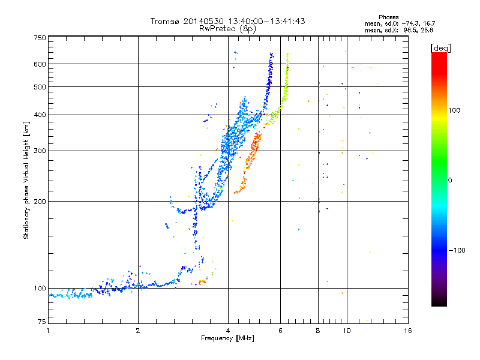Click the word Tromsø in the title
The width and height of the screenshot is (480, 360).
tap(165, 21)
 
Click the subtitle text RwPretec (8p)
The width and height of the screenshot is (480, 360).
tap(227, 29)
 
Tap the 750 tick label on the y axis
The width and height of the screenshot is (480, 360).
tap(40, 38)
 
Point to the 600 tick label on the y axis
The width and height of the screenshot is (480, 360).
tap(40, 64)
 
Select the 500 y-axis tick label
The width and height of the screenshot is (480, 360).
tap(40, 87)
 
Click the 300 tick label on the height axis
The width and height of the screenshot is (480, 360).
tap(40, 151)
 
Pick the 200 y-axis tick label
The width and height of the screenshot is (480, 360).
tap(40, 202)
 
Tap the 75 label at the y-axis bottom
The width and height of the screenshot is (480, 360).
tap(42, 322)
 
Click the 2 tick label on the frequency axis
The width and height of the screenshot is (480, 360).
tap(138, 331)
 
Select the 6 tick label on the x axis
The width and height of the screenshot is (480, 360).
tap(280, 331)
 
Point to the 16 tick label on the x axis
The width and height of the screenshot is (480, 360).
tap(408, 331)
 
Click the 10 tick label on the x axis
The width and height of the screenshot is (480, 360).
tap(347, 331)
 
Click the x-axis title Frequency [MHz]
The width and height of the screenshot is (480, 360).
tap(227, 338)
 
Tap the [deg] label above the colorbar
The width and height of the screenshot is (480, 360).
tap(440, 48)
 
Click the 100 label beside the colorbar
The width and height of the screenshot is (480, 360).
tap(454, 110)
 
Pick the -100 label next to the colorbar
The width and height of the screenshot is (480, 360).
tap(457, 250)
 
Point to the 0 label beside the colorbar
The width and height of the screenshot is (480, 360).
tap(450, 181)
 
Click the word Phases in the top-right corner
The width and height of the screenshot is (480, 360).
tap(388, 17)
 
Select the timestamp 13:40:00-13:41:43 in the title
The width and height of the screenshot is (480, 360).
tap(266, 21)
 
